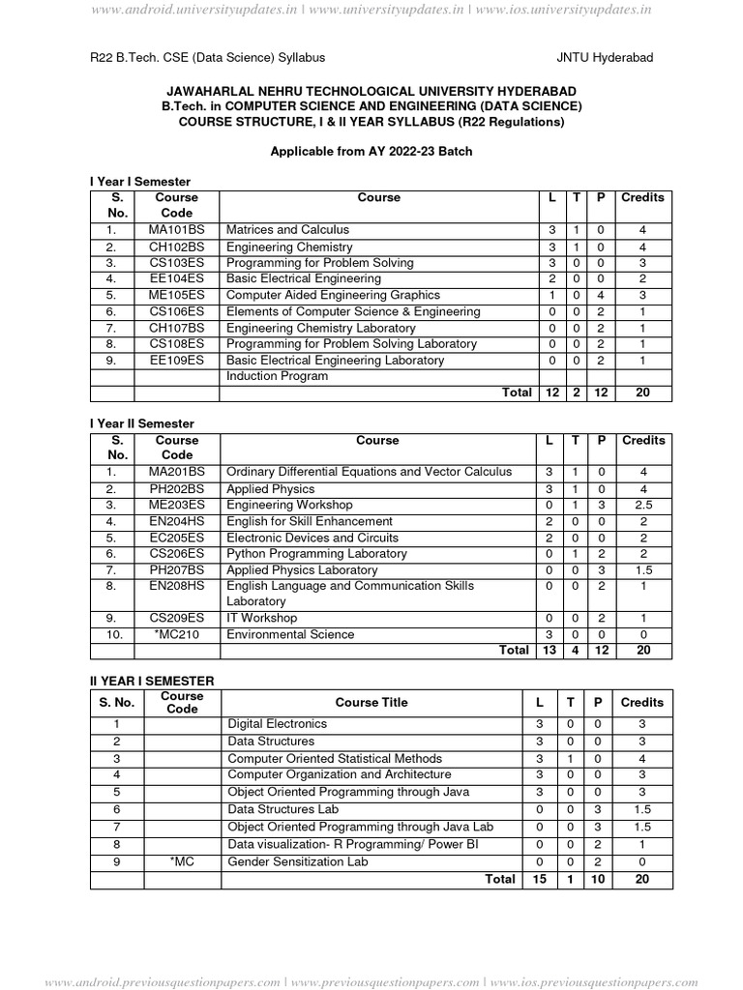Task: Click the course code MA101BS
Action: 176,230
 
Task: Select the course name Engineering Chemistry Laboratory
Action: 320,328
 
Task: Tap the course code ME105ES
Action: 176,295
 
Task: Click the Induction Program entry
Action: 277,376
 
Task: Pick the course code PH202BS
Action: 176,489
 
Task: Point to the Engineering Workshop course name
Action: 288,505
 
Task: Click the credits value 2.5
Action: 642,506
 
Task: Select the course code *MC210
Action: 176,634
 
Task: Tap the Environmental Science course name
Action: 289,634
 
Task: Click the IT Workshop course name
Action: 261,618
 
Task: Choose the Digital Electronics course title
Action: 277,724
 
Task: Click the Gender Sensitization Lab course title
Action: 297,860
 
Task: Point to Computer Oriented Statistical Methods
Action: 334,758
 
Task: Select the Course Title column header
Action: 371,703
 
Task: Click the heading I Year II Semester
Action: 142,423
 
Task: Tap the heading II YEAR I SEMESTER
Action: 152,682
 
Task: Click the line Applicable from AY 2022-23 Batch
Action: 371,152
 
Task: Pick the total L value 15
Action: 540,879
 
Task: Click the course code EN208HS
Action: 176,586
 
